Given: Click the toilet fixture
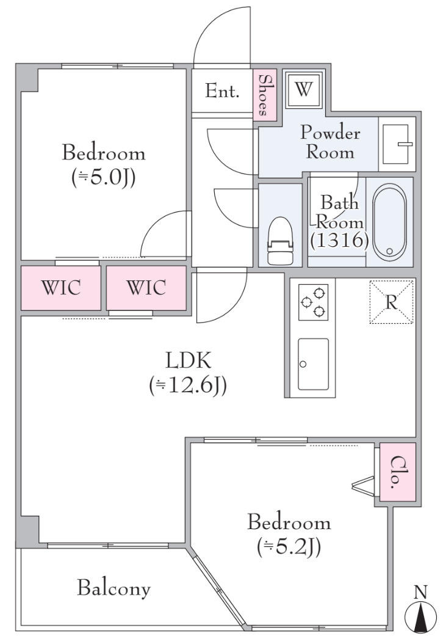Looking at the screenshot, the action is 280,241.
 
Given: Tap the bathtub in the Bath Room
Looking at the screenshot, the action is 389,222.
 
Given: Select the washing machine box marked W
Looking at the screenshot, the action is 303,90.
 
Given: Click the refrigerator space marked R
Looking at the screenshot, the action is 391,302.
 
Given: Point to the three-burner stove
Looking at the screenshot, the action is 313,302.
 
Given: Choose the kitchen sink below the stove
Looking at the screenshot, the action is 313,364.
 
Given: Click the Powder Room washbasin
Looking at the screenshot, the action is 397,144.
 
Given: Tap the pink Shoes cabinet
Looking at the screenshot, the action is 264,95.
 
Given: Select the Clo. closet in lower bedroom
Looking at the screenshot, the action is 398,472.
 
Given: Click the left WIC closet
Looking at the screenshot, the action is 61,288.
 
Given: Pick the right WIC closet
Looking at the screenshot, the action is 146,288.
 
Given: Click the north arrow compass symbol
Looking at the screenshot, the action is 421,608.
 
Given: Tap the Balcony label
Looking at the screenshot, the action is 113,588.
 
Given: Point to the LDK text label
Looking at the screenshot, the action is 189,360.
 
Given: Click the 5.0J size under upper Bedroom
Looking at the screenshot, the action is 103,178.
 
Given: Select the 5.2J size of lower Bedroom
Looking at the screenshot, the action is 289,547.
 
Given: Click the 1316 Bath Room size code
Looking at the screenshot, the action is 339,241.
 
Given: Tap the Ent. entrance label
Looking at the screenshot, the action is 222,91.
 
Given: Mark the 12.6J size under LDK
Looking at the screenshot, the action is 188,386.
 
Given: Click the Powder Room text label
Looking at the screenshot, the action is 330,142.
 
